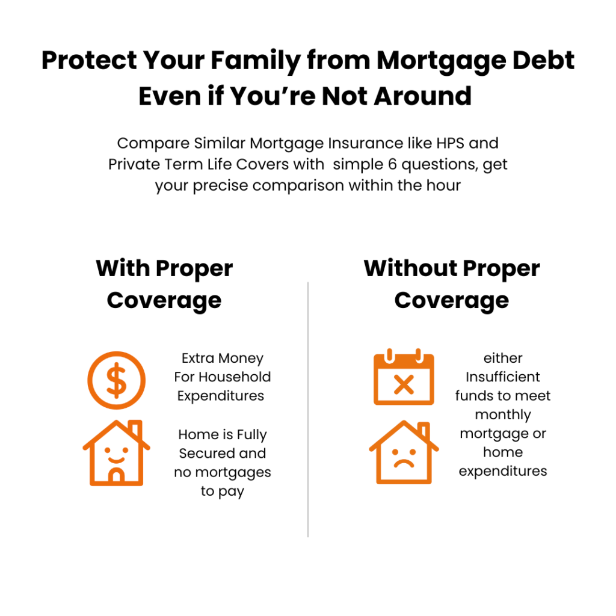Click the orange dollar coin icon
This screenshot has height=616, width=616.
(x=116, y=380)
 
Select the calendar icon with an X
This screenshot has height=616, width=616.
(x=404, y=377)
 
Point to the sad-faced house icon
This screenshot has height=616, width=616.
(x=404, y=452)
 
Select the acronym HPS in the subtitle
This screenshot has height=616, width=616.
(x=450, y=143)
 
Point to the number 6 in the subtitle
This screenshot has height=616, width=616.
(x=392, y=164)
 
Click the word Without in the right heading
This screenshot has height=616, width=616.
(x=410, y=268)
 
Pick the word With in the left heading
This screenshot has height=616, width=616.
(x=123, y=268)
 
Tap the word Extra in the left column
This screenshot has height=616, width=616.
(x=197, y=358)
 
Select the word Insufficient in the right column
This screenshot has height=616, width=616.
(x=503, y=377)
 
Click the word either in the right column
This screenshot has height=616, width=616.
(x=503, y=358)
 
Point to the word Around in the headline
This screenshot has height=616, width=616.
(x=423, y=96)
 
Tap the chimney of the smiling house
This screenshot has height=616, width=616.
(x=135, y=429)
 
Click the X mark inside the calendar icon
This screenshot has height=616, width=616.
(x=404, y=384)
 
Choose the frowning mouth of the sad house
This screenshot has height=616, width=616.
(x=404, y=463)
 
